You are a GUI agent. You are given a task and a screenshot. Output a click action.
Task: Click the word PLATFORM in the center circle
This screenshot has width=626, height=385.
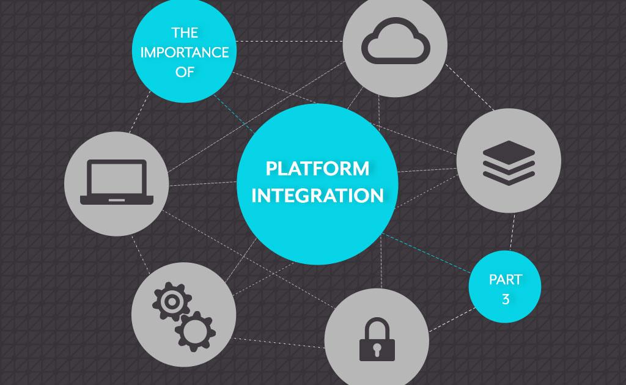point(317,168)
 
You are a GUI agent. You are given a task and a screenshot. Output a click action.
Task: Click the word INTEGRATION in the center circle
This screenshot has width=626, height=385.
point(317,196)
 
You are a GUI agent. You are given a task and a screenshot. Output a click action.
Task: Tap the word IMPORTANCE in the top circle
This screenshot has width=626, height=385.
point(185,52)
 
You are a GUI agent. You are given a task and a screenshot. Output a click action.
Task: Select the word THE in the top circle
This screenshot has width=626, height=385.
point(185,32)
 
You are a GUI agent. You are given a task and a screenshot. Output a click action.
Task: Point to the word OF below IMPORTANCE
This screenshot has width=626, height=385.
point(185,72)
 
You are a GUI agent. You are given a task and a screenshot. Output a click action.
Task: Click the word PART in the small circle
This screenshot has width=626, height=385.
point(506,280)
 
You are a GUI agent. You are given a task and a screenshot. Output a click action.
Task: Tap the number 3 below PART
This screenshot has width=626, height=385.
point(506,300)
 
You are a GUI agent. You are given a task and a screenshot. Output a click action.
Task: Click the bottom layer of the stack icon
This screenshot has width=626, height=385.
point(508,175)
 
